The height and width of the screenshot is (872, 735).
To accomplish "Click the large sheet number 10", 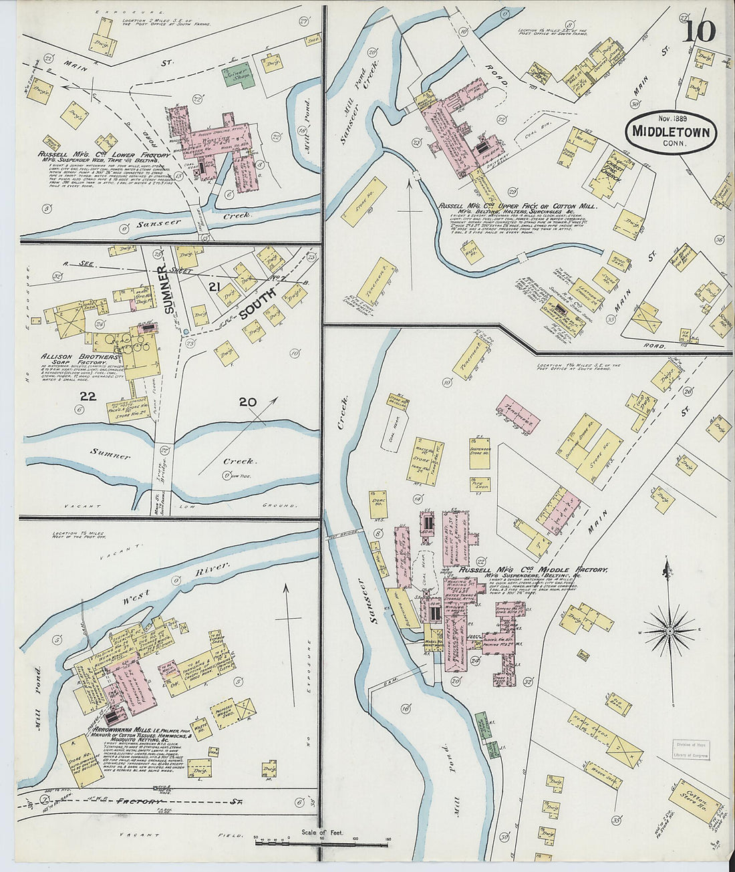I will point(699,30).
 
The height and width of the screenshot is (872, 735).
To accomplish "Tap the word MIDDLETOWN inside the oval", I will point(672,132).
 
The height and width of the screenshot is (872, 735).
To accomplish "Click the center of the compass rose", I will point(669,630).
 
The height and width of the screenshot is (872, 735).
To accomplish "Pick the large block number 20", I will point(247,402).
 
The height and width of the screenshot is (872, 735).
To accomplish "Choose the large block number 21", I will point(214,286).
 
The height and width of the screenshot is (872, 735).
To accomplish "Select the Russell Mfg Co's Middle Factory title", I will point(533,570).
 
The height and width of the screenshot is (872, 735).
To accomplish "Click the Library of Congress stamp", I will point(691,750).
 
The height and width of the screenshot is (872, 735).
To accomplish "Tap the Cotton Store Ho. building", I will point(695,801).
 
